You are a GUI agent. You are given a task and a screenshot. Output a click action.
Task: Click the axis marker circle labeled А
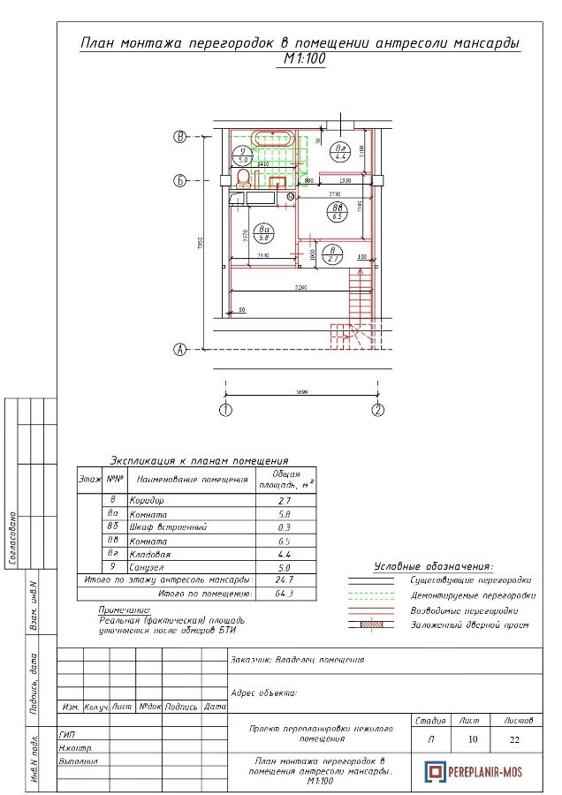point(180,349)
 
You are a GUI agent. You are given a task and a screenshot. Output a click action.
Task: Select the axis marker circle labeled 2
point(377,410)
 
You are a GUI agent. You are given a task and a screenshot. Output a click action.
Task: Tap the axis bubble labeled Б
point(180,181)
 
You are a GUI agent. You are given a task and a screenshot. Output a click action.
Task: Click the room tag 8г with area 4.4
point(341,151)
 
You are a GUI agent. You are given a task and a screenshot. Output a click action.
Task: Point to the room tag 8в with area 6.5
point(337,211)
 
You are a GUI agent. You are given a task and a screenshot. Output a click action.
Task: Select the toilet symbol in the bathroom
point(241,180)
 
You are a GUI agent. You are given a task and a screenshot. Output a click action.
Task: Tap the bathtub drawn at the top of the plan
point(274,139)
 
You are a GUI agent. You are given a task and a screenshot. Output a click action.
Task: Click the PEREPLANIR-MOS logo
point(474,771)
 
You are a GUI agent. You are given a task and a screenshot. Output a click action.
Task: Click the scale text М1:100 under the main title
point(301,60)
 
